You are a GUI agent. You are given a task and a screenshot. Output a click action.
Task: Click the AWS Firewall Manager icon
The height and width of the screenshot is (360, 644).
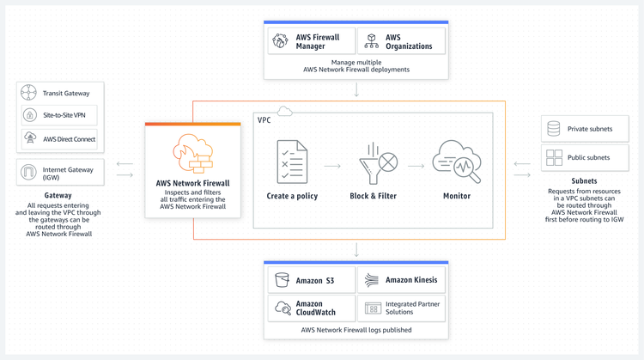(x=280, y=41)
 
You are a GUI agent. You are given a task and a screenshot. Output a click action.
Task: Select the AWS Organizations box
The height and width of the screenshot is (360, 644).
(x=401, y=41)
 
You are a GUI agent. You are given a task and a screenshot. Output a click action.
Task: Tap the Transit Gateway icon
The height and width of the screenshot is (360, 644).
(x=28, y=93)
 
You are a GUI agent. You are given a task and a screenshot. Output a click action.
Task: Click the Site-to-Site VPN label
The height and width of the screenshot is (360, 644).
(x=64, y=115)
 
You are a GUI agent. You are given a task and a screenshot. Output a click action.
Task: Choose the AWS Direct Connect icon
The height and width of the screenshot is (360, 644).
(x=30, y=137)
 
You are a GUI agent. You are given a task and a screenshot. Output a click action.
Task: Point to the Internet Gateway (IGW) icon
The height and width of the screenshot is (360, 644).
(x=28, y=172)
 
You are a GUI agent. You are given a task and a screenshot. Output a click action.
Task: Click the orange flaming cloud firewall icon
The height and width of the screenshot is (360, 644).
(x=192, y=153)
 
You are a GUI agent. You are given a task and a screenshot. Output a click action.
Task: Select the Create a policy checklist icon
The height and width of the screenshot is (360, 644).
(x=292, y=162)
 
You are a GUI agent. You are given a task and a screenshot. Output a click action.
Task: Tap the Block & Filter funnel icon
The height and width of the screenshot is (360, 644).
(x=379, y=163)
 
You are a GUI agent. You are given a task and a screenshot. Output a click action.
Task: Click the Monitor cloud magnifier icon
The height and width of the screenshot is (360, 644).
(x=456, y=162)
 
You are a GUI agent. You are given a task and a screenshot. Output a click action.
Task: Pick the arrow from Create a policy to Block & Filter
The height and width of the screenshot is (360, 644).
(x=332, y=166)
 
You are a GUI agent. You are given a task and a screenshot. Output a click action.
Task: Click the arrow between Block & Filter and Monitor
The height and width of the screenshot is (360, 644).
(x=416, y=166)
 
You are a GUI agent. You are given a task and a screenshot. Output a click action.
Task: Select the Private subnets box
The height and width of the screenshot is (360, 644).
(x=585, y=129)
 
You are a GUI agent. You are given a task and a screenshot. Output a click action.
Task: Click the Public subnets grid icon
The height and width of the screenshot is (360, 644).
(x=554, y=157)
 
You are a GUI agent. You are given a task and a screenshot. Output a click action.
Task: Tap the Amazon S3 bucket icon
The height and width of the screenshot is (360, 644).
(x=283, y=280)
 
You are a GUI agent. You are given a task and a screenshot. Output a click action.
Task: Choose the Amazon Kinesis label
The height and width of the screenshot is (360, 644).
(x=411, y=280)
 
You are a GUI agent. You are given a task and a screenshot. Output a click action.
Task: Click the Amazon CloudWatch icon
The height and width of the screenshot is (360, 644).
(x=283, y=308)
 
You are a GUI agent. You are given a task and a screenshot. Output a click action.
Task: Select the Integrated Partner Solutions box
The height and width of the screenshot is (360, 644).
(x=401, y=308)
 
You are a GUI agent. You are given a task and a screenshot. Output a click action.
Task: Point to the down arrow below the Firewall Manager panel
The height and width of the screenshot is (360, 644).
(x=356, y=89)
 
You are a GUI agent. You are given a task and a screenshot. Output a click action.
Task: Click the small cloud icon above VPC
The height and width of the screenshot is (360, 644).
(x=284, y=111)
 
